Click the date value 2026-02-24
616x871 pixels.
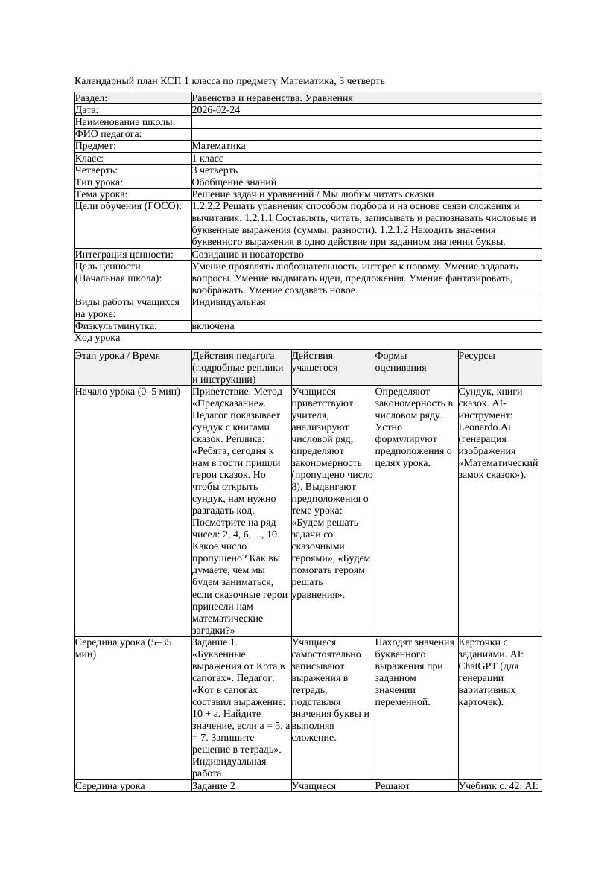(216, 110)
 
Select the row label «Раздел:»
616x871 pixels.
(92, 98)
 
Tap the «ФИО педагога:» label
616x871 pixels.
(109, 134)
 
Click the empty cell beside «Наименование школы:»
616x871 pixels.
(366, 122)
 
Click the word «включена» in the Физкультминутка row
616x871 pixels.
(213, 326)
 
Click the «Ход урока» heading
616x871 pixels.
(98, 338)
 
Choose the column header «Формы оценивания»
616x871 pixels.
(402, 361)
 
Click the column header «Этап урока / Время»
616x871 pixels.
(118, 356)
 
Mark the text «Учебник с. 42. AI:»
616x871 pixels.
(498, 785)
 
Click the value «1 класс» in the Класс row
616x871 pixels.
(208, 158)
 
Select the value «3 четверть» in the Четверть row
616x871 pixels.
(215, 170)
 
